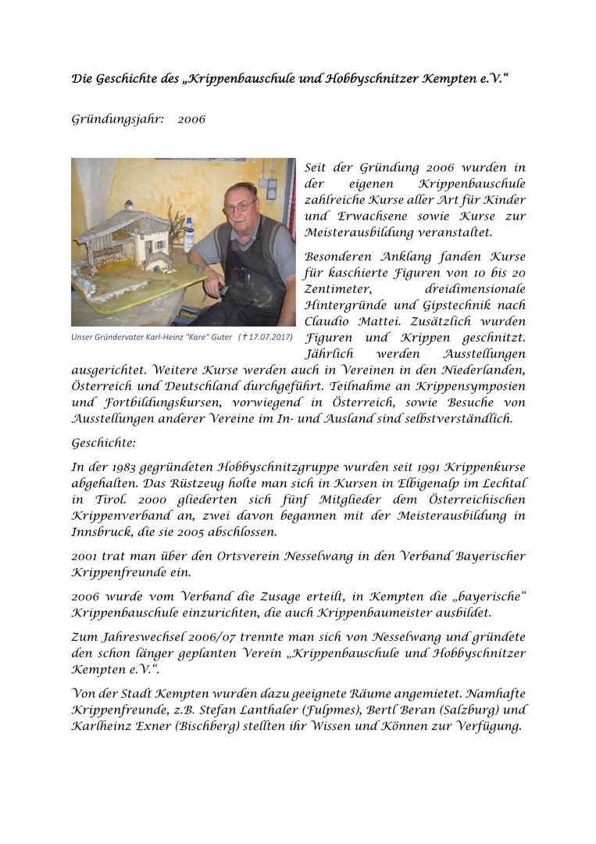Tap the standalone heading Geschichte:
[104, 442]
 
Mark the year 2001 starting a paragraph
[85, 556]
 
